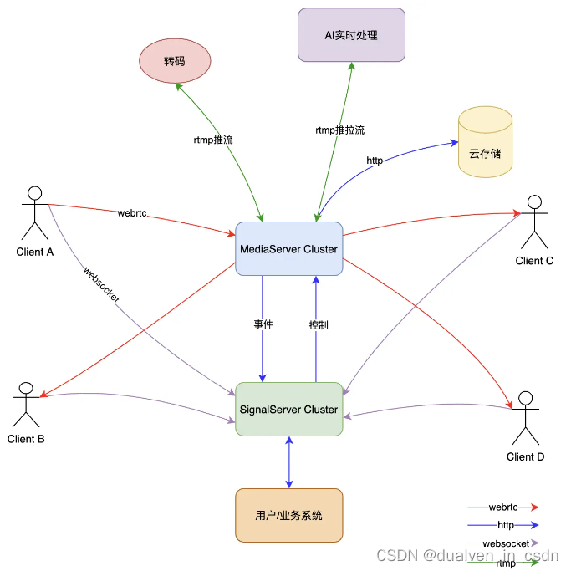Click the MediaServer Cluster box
coord(288,248)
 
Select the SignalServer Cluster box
coord(288,409)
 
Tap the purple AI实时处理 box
coord(351,35)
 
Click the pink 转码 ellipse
coord(174,62)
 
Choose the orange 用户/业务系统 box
coord(288,515)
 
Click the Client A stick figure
coord(33,212)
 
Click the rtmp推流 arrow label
coord(212,140)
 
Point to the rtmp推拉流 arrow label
coord(339,130)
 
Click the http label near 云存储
coord(375,161)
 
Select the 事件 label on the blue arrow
coord(263,324)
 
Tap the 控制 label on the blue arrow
coord(319,324)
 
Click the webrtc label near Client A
coord(132,214)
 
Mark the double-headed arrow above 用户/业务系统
coord(289,461)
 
